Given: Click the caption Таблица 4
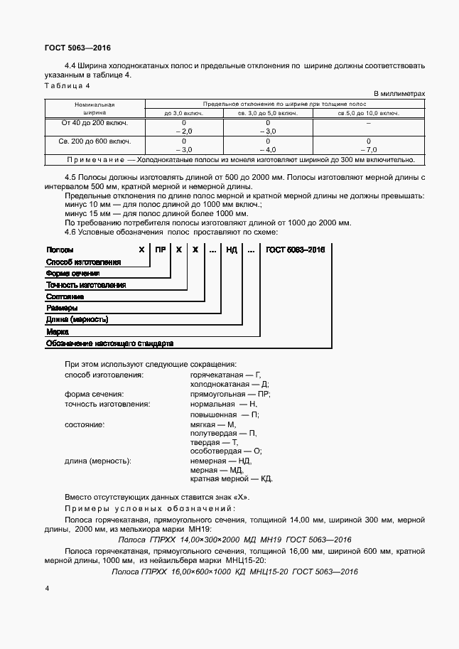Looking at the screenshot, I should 67,86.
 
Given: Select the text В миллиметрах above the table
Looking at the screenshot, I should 399,94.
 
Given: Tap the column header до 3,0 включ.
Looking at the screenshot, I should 183,113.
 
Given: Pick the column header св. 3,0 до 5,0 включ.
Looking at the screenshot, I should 267,113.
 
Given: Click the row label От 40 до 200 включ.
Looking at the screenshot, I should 94,123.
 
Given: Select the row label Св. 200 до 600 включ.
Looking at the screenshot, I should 94,141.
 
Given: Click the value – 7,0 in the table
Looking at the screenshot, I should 368,150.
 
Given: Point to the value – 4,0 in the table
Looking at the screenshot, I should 267,150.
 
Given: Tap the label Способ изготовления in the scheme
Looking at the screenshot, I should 83,262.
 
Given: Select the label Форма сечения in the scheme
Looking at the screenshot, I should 72,273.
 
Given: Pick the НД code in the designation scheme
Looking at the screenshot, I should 231,250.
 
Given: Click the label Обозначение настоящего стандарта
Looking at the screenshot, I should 109,343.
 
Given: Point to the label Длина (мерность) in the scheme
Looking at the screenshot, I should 77,319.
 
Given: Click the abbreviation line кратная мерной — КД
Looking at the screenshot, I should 231,478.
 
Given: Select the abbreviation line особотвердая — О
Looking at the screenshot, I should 226,451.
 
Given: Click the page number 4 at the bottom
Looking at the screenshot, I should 47,589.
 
